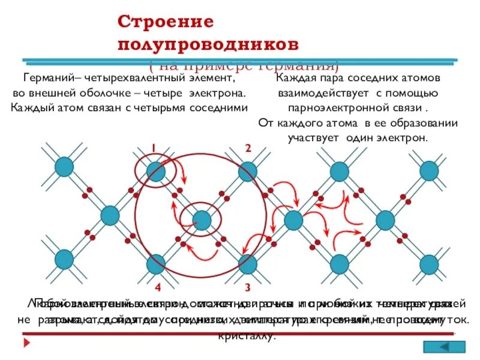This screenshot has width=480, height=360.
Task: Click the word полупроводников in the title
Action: [x=208, y=45]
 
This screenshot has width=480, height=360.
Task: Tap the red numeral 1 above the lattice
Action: [x=154, y=148]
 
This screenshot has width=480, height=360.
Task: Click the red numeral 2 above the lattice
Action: [x=247, y=148]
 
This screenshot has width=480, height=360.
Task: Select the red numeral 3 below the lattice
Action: [x=247, y=287]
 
